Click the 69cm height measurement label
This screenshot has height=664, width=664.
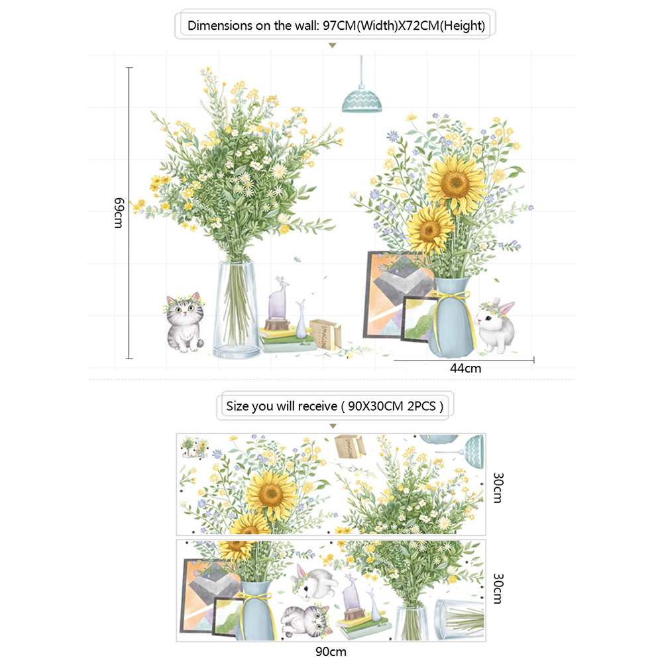119,213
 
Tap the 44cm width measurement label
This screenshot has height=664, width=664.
465,368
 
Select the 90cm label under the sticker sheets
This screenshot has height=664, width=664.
331,651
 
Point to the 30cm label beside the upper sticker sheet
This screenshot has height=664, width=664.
498,488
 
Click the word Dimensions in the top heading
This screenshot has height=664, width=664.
220,25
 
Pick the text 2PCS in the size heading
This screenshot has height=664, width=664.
421,406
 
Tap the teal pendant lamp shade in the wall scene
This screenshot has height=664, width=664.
362,100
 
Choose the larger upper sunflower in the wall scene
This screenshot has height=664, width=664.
456,184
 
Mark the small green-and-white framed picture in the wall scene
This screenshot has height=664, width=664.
419,319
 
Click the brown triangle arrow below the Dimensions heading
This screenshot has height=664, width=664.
333,45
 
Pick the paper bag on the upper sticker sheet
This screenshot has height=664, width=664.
350,447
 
